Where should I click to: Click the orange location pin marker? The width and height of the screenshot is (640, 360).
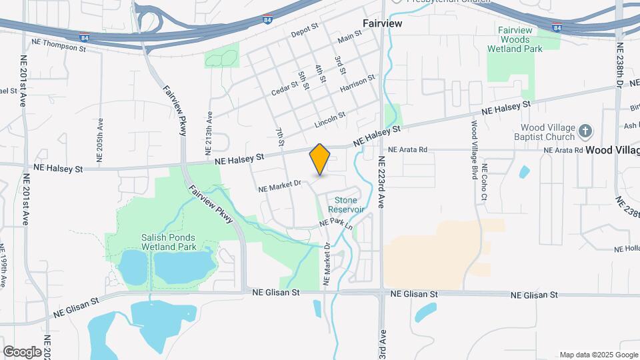coord(320,159)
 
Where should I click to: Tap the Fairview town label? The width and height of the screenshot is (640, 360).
coord(382,23)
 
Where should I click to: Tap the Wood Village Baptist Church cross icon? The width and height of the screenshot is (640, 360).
coord(585,131)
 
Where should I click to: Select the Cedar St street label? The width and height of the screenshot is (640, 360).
coord(283,88)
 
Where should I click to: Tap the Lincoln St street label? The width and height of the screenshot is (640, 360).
coord(330,119)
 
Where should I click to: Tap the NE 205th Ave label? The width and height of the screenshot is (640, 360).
coord(100,140)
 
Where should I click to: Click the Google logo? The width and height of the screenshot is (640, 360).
coord(22,351)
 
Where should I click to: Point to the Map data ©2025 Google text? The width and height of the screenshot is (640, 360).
coord(597,354)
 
